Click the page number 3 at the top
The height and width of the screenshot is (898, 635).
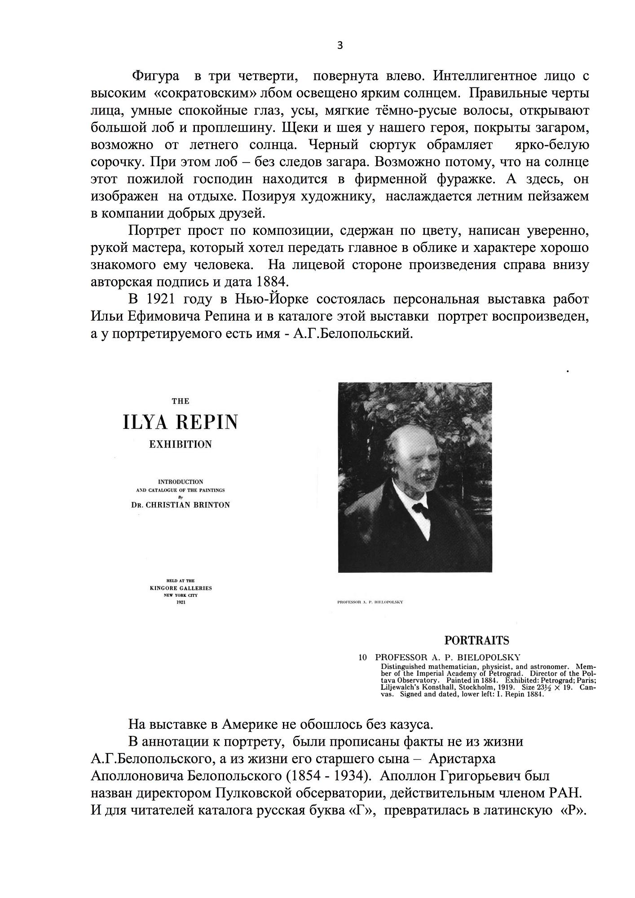[340, 45]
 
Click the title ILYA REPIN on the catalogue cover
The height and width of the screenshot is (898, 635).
[180, 423]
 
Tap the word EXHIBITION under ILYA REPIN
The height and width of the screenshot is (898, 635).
[180, 445]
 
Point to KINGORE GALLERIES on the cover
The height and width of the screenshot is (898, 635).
[181, 588]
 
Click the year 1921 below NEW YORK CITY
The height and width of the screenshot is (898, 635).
[181, 602]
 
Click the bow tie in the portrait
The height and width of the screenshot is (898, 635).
[420, 508]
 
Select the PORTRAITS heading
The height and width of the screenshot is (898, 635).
[476, 640]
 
